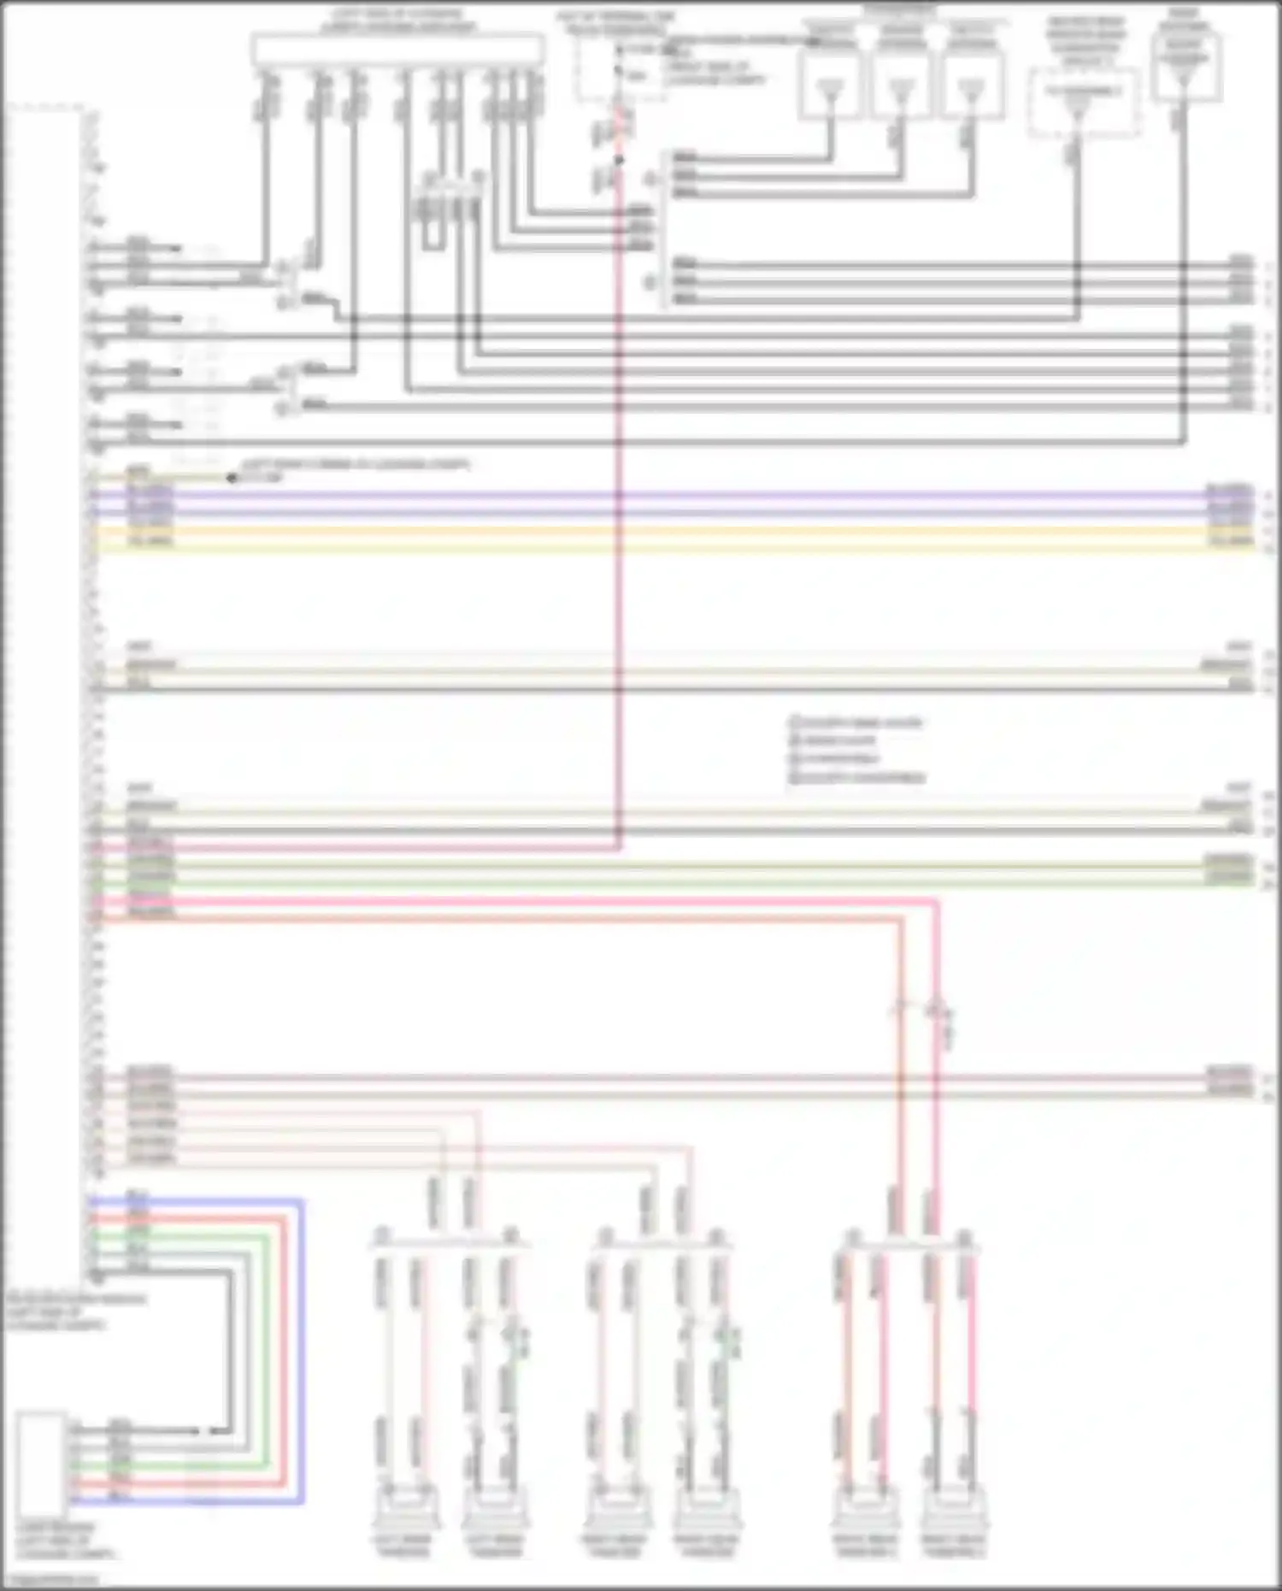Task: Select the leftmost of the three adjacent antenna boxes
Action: click(x=830, y=84)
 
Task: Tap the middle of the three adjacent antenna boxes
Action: click(x=902, y=84)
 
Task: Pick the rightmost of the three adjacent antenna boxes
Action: click(x=972, y=84)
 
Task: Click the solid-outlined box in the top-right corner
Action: click(x=1185, y=68)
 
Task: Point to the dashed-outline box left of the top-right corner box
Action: click(x=1084, y=103)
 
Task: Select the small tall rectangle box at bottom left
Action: click(x=41, y=1464)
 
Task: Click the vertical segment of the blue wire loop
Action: click(x=302, y=1351)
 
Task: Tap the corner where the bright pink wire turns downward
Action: click(x=937, y=901)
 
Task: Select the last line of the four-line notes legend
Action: click(x=856, y=777)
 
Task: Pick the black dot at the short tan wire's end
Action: click(x=232, y=478)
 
